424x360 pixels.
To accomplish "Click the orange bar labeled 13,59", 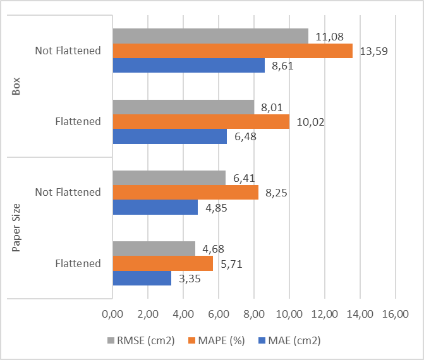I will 232,51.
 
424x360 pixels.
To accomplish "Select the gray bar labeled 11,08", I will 210,36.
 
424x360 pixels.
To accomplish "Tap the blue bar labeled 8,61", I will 188,65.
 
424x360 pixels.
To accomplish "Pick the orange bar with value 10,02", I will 200,121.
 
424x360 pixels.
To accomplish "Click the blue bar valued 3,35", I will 142,278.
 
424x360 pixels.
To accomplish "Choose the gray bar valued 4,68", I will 154,249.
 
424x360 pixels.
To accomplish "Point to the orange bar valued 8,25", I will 185,192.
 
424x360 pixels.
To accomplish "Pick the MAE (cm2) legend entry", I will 289,341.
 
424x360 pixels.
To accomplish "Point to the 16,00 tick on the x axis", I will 395,314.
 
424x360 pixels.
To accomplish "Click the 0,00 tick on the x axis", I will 112,314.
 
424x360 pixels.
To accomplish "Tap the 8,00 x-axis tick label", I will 253,314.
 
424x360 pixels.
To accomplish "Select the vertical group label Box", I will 17,86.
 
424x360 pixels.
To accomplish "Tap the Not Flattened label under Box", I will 68,51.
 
